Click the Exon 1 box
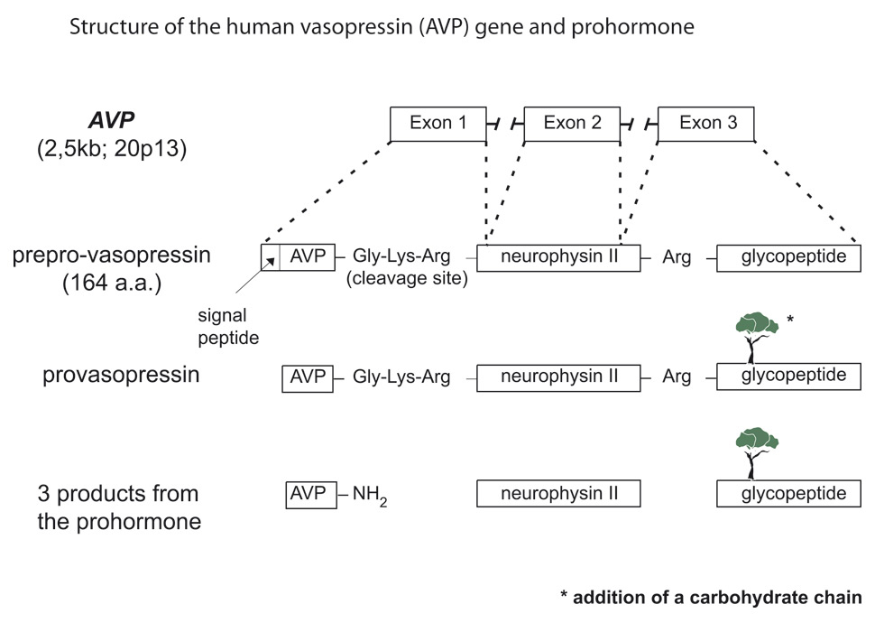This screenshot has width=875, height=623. pos(438,124)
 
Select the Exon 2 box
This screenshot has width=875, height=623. pos(572,124)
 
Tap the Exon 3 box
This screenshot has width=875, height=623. pos(706,124)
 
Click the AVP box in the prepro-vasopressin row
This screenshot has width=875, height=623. pos(308,257)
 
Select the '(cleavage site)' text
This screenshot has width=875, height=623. pos(408,279)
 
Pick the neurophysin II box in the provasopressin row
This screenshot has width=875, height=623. pos(557,377)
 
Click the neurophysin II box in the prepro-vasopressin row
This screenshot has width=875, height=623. pos(557,257)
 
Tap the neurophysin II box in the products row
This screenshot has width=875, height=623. pos(557,494)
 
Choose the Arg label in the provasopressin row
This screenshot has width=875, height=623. pos(677,377)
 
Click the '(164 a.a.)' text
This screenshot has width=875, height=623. pos(111,283)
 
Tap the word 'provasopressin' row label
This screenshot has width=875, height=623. pos(121,376)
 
